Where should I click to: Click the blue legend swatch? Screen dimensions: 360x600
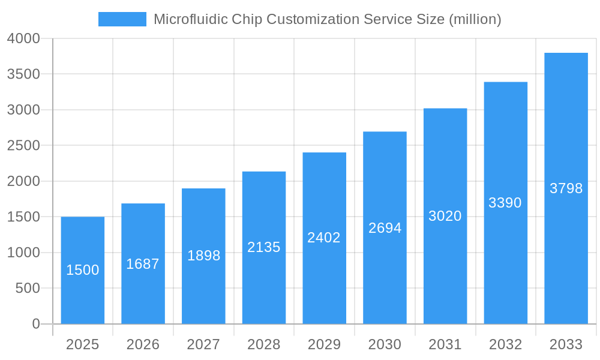point(122,19)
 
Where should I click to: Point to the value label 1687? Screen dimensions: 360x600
point(143,264)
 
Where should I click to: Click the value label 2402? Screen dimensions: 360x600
point(324,238)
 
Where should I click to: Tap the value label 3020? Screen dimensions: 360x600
point(445,216)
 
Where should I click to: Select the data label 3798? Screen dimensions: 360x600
point(566,188)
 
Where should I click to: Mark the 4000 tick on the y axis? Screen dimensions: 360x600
point(23,38)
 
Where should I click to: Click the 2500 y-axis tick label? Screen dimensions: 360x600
point(23,146)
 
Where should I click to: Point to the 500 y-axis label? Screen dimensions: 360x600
point(28,289)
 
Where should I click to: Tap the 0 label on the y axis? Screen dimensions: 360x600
point(35,324)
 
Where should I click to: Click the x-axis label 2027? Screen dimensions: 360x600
point(203,344)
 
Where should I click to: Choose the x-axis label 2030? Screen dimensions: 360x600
point(385,344)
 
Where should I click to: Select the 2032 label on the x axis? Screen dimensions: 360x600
point(506,344)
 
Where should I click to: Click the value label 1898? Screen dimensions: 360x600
point(203,256)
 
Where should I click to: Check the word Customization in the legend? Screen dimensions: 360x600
point(313,19)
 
